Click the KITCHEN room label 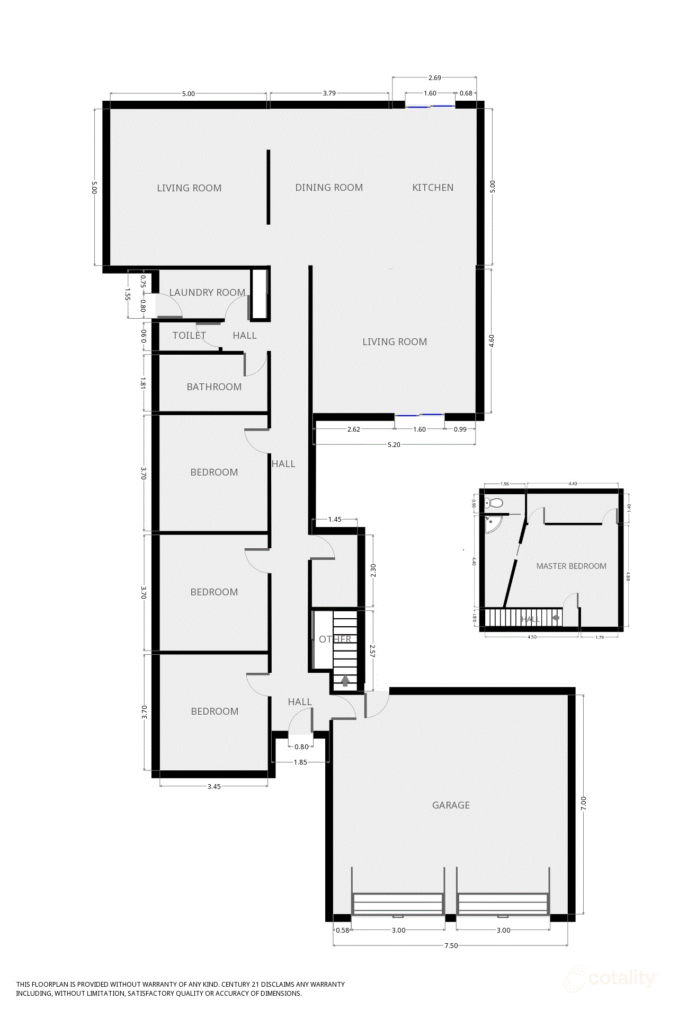click(433, 188)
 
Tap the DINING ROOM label click(329, 188)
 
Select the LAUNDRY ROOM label click(207, 293)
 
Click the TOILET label click(189, 336)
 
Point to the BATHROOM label click(214, 387)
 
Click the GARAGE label click(451, 805)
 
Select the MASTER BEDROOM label click(571, 566)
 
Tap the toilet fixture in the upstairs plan click(495, 503)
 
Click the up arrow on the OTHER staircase click(345, 680)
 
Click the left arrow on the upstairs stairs click(555, 618)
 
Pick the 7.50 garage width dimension click(451, 945)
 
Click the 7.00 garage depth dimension click(583, 803)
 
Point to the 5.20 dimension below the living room click(394, 445)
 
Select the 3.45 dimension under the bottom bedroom click(214, 787)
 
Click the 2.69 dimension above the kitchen click(434, 78)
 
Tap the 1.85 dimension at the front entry click(300, 762)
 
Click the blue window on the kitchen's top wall click(430, 106)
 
